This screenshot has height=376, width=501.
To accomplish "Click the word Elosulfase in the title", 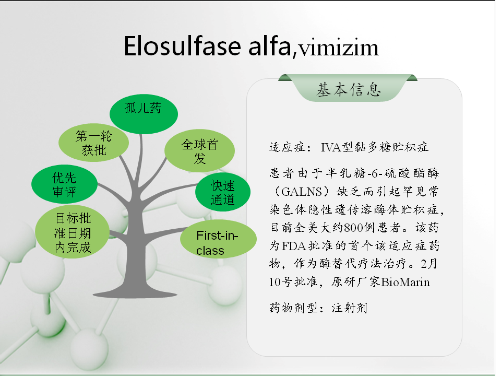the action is pos(182,46).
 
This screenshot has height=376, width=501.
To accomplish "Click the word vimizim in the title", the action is pos(338,48).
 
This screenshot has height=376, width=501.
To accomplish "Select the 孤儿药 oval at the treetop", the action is pos(144,114).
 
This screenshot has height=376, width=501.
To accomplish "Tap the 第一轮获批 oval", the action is pos(93,143).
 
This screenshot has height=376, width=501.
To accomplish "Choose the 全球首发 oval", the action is pos(200,150).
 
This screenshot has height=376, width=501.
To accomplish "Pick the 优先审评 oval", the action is pos(64,184).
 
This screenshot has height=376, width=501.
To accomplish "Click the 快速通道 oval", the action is pos(223,193).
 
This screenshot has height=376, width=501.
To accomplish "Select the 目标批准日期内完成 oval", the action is pos(73,232).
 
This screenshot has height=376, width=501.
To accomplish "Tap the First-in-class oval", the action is pos(218,239).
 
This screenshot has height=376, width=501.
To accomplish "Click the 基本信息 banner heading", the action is pos(349,89).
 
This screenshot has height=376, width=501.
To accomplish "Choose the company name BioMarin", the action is pos(405,282).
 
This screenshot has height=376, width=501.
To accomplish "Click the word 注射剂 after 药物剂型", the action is pos(350,308).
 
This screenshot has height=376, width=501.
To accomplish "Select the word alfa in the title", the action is pos(269,46).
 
